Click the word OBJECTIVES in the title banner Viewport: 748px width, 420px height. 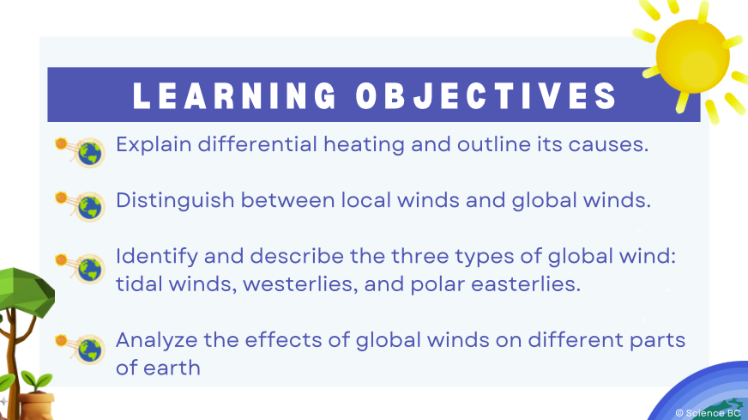coord(486,95)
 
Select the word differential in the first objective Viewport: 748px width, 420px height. coord(257,143)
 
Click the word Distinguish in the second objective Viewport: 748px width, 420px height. coord(175,201)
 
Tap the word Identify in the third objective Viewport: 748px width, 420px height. coord(157,257)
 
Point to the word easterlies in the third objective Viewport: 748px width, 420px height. coord(526,284)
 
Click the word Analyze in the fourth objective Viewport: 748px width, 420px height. coord(156,341)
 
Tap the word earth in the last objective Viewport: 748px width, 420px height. coord(172,368)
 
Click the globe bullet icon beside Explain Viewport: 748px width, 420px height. coord(90,153)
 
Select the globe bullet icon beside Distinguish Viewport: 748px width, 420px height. coord(90,207)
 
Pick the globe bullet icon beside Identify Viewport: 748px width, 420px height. coord(90,269)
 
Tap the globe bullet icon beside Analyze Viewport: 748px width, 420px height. coord(90,350)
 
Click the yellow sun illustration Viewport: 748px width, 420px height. coord(692,57)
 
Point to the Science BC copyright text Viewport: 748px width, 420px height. coord(708,413)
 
